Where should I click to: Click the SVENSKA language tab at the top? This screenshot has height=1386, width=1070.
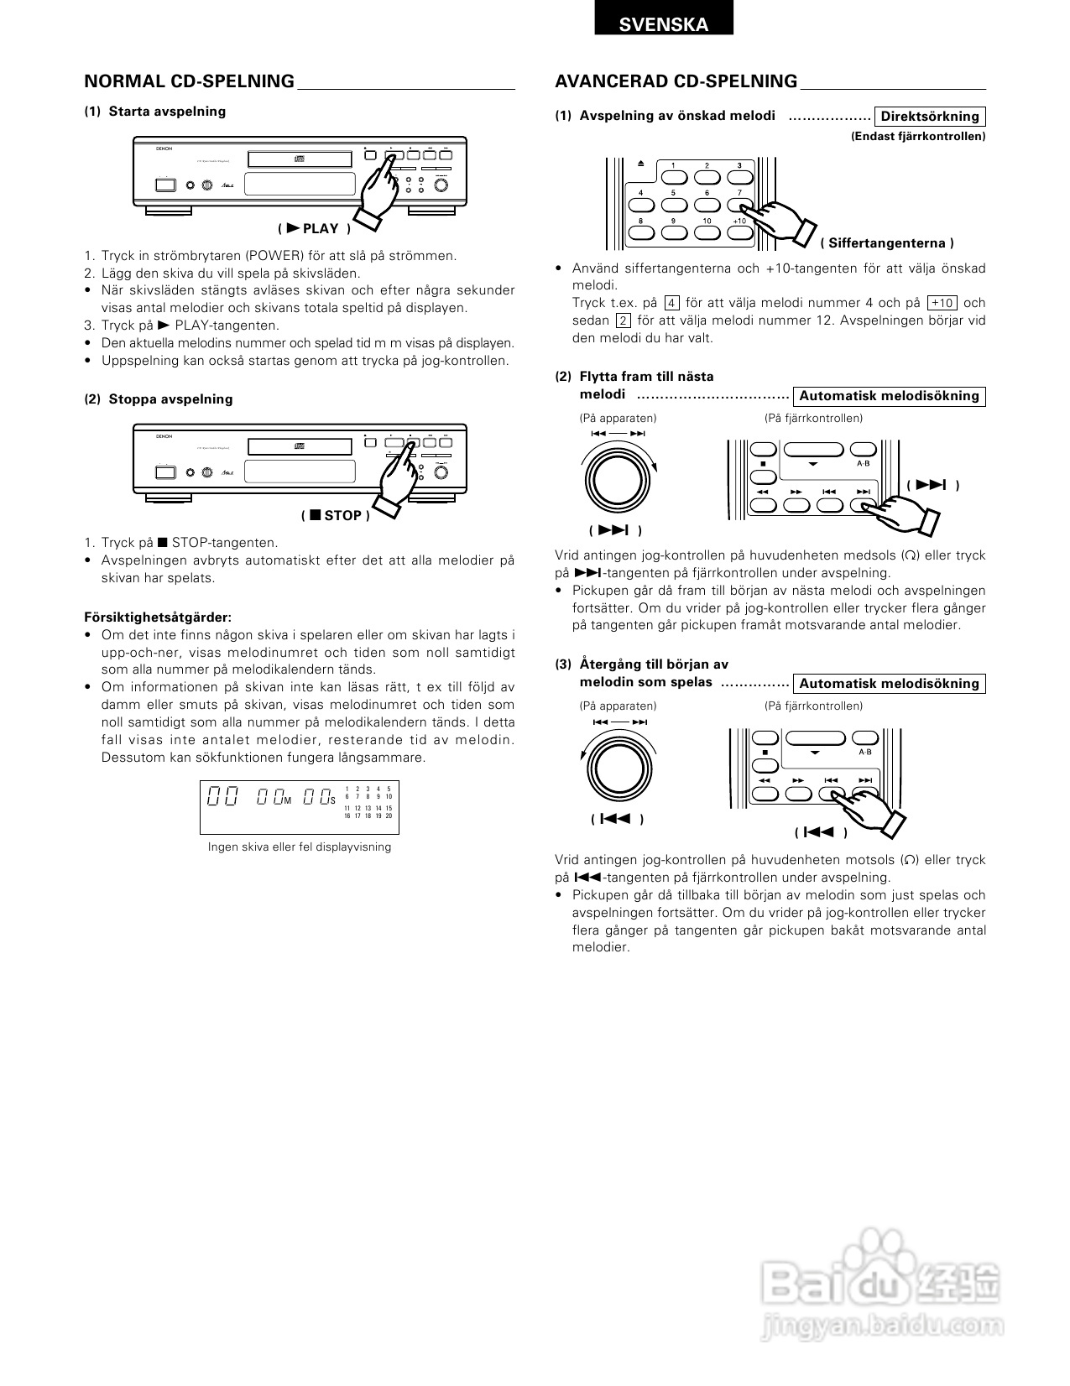pos(663,24)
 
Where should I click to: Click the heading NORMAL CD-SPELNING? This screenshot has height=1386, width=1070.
pos(190,81)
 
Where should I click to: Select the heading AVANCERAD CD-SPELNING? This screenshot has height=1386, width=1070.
pos(676,81)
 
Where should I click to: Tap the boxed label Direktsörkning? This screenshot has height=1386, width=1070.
pos(930,117)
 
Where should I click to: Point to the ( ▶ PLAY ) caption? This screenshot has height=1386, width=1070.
pos(314,228)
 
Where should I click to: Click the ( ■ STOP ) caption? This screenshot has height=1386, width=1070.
pos(335,515)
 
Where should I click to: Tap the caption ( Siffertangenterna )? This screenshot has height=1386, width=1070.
pos(887,243)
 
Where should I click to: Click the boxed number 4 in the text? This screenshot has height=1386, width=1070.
pos(671,303)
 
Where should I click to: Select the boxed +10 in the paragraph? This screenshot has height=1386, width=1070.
pos(942,303)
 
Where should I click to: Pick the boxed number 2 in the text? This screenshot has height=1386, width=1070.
pos(623,320)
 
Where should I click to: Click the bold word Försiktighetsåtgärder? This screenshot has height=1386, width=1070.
pos(158,617)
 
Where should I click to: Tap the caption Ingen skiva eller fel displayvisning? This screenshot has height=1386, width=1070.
pos(300,847)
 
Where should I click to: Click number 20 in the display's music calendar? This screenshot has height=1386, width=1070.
pos(389,815)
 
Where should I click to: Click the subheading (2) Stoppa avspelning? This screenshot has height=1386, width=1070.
pos(159,399)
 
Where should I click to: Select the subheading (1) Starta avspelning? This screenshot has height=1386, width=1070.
pos(155,112)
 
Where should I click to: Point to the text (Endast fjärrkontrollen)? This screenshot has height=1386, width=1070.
pos(918,136)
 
